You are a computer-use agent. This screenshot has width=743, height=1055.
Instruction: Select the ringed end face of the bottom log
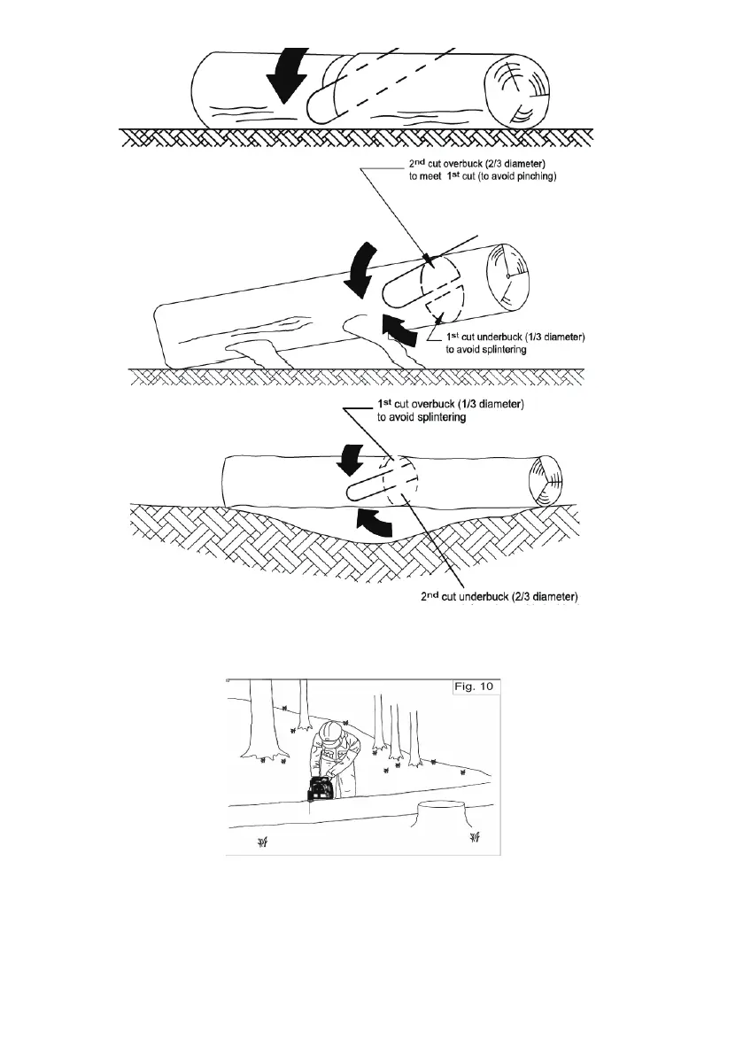click(x=544, y=483)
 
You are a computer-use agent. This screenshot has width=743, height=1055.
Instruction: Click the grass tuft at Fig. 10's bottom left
click(x=262, y=842)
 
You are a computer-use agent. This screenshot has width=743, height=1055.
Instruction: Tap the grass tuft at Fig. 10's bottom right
click(x=475, y=837)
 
